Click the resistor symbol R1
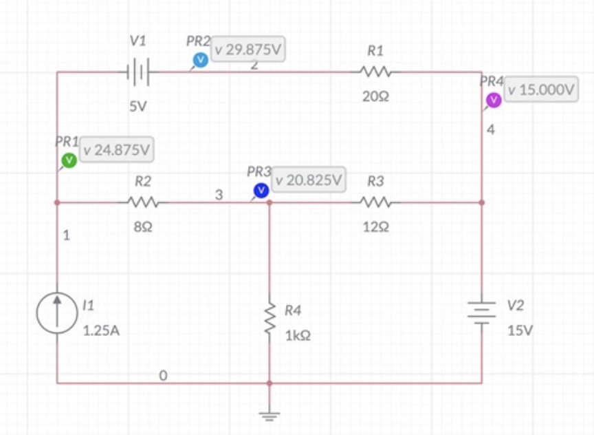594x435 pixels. [x=375, y=72]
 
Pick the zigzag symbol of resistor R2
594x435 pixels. [x=144, y=202]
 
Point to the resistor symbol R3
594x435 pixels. [x=375, y=202]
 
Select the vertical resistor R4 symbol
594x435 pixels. [x=269, y=321]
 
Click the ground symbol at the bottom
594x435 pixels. [x=269, y=414]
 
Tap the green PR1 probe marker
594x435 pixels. [x=69, y=160]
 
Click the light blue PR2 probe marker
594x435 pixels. [x=200, y=61]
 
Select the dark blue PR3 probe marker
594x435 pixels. [x=261, y=190]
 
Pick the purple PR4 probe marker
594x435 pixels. [x=494, y=100]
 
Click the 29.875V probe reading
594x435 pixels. [x=249, y=50]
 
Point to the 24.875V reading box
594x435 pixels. [x=116, y=149]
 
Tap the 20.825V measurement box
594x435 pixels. [x=309, y=180]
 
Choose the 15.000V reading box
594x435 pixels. [x=540, y=90]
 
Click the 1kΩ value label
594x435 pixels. [x=297, y=337]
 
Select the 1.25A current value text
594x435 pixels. [x=101, y=330]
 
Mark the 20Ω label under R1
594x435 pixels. [x=375, y=97]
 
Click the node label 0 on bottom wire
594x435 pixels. [x=163, y=375]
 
